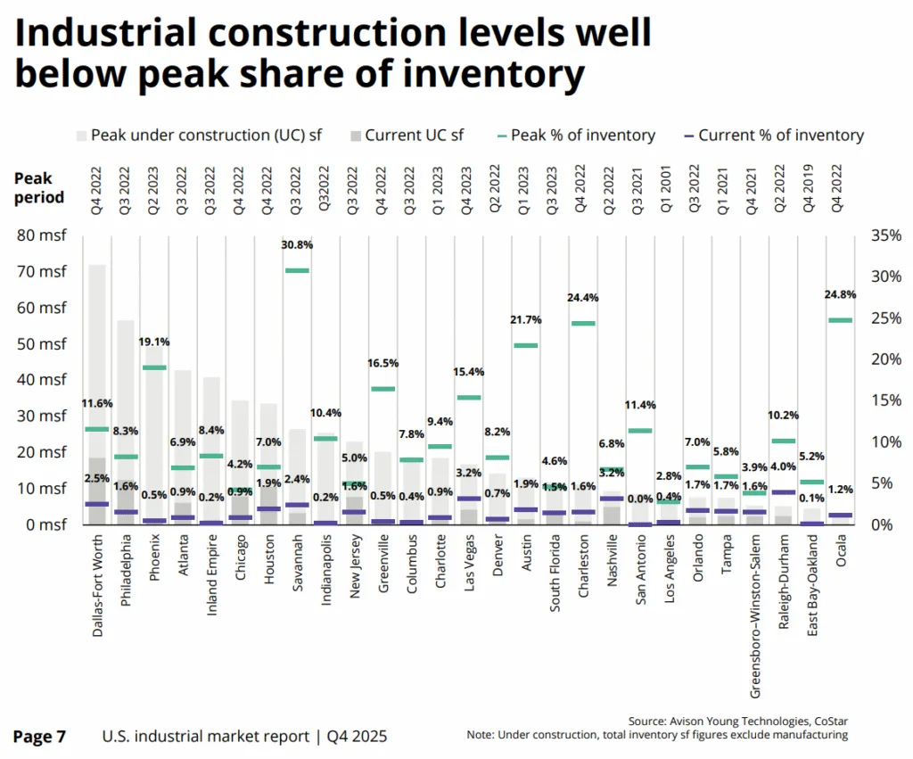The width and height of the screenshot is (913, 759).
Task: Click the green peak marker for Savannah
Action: (x=297, y=270)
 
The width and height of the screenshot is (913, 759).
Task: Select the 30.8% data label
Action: (x=297, y=244)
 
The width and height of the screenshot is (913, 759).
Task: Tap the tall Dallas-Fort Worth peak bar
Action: (x=97, y=357)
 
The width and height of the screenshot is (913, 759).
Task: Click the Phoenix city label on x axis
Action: (x=154, y=558)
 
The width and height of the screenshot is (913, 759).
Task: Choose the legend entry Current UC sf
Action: (x=413, y=136)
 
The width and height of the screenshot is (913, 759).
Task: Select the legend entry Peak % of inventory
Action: (x=584, y=136)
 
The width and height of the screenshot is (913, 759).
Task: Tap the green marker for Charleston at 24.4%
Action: (x=583, y=323)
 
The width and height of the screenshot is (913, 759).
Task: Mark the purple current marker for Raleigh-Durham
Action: (x=782, y=491)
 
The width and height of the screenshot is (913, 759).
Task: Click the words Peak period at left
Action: (x=38, y=188)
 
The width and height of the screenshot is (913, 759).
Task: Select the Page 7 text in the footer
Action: (x=39, y=737)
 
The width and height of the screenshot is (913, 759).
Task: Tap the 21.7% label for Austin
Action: (x=526, y=319)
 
